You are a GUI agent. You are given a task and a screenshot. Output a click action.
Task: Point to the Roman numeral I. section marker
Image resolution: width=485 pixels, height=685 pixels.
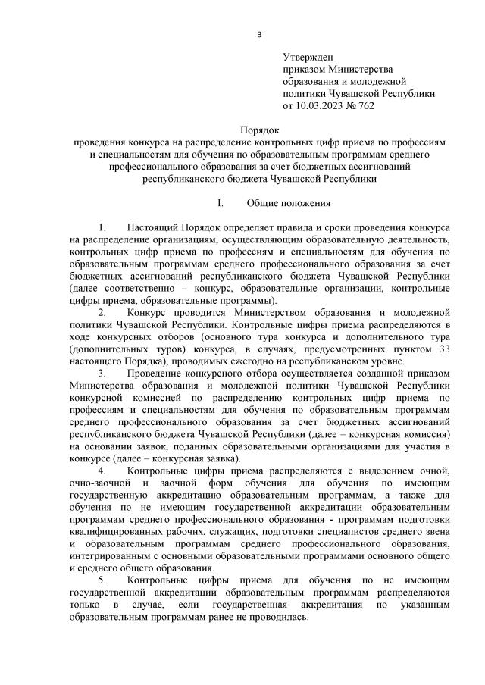click(x=220, y=204)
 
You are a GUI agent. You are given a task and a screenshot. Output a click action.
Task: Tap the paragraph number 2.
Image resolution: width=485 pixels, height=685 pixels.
click(x=102, y=312)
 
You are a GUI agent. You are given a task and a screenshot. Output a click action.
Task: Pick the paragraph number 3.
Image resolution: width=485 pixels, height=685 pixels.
click(x=102, y=373)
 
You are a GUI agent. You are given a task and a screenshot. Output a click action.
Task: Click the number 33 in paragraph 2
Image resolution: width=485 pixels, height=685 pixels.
click(x=446, y=349)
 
